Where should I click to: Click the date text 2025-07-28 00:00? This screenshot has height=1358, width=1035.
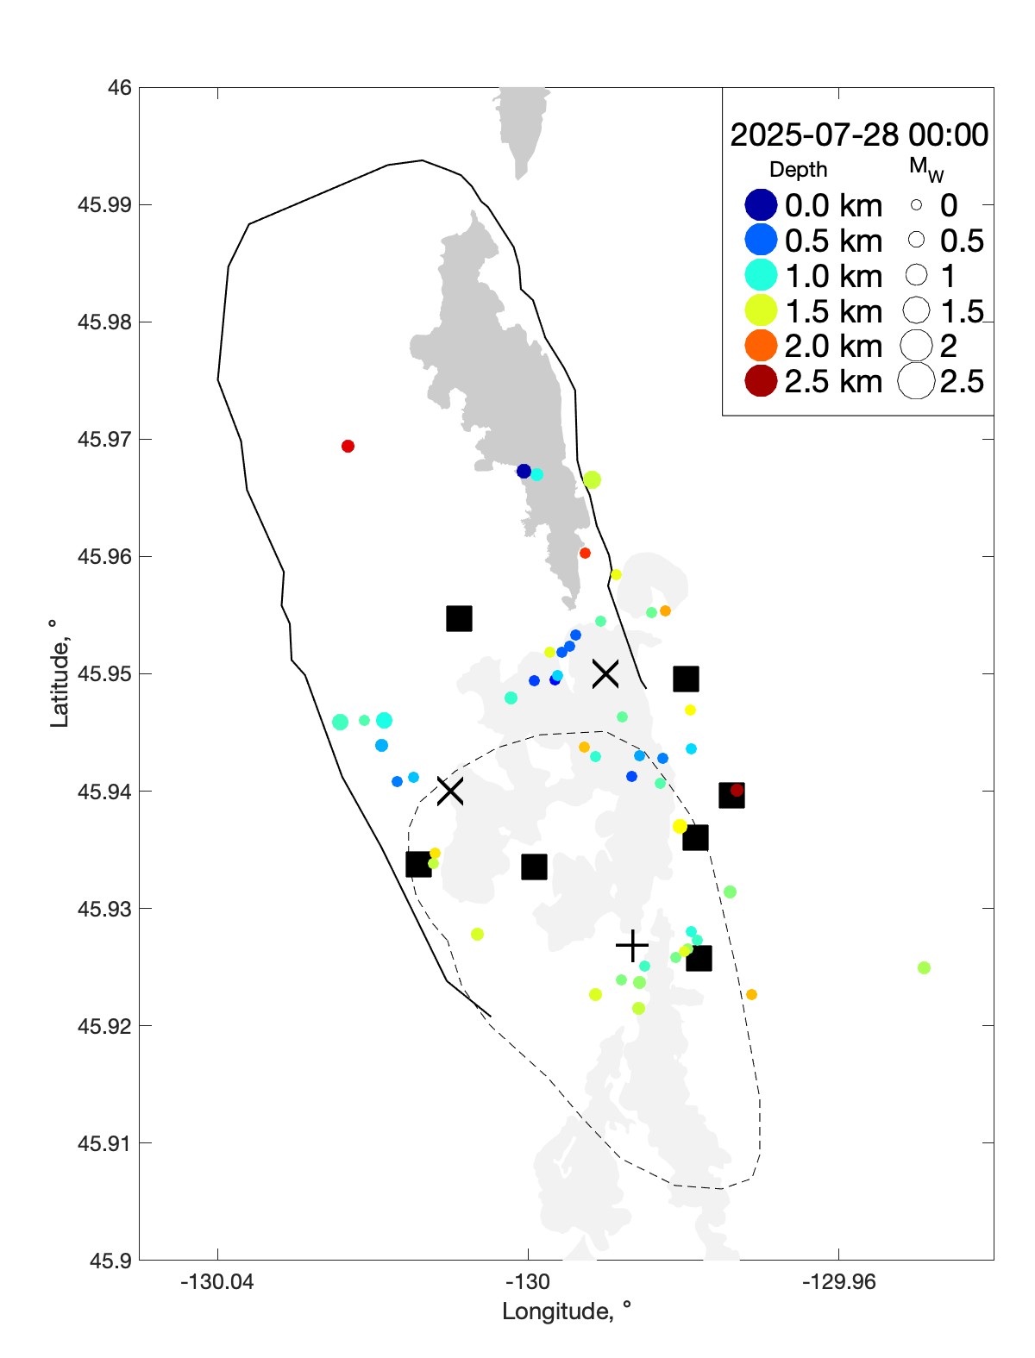tap(859, 135)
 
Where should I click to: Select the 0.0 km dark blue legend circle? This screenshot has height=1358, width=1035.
tap(761, 205)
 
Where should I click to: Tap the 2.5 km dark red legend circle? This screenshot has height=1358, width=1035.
tap(761, 381)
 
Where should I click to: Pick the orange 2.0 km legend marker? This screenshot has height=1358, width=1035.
tap(761, 346)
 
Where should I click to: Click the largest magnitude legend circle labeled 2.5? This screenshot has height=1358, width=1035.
tap(916, 381)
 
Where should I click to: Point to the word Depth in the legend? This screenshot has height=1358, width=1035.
tap(798, 170)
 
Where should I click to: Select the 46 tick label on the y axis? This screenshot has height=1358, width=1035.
tap(120, 88)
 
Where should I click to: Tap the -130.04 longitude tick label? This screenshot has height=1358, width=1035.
tap(217, 1282)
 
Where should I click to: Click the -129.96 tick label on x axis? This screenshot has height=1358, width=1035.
tap(838, 1282)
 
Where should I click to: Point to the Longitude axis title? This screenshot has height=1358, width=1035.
tap(567, 1311)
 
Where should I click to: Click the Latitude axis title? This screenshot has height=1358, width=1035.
tap(59, 673)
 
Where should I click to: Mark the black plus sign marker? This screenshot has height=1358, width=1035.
tap(632, 946)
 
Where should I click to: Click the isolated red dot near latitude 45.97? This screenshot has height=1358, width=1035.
tap(348, 446)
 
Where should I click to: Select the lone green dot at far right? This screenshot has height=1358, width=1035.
tap(924, 967)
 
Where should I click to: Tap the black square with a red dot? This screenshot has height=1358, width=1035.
tap(731, 795)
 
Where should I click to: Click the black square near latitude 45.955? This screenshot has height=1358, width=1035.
tap(459, 618)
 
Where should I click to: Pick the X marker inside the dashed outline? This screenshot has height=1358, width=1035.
tap(449, 791)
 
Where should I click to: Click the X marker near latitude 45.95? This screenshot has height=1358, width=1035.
tap(605, 673)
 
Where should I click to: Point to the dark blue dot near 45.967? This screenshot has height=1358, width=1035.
tap(524, 471)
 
